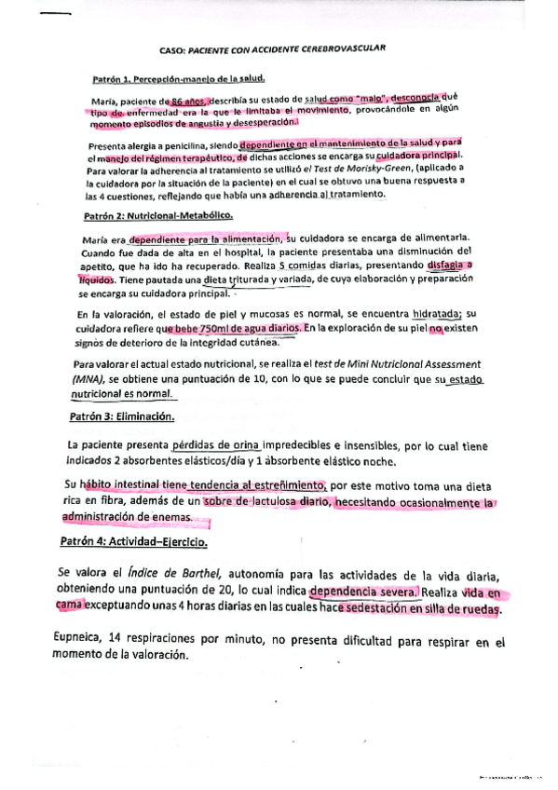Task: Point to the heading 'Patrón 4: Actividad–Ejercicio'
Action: click(134, 541)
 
